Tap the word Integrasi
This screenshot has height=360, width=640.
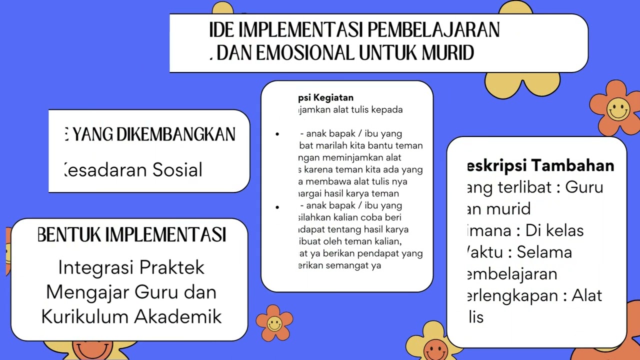(x=95, y=267)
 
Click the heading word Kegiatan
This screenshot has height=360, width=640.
(x=333, y=97)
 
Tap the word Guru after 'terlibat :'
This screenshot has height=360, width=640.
(x=584, y=187)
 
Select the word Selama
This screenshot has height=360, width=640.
(x=544, y=252)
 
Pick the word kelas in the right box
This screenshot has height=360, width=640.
(x=562, y=230)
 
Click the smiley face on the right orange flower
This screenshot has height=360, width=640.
(x=618, y=108)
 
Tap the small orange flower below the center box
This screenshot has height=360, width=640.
(x=274, y=323)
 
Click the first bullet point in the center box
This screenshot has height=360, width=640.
(x=277, y=134)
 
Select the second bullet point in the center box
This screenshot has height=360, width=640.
(x=277, y=206)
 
